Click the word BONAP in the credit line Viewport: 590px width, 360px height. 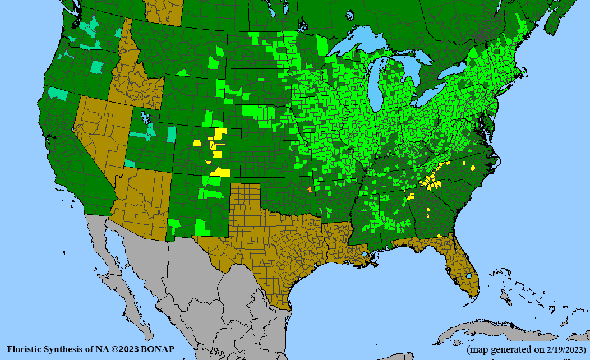point(157,349)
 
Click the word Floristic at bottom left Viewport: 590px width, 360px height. point(25,349)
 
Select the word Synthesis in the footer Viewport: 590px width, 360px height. point(65,349)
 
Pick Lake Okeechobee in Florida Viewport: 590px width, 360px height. point(468,276)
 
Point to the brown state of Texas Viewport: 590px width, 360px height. point(269,247)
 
